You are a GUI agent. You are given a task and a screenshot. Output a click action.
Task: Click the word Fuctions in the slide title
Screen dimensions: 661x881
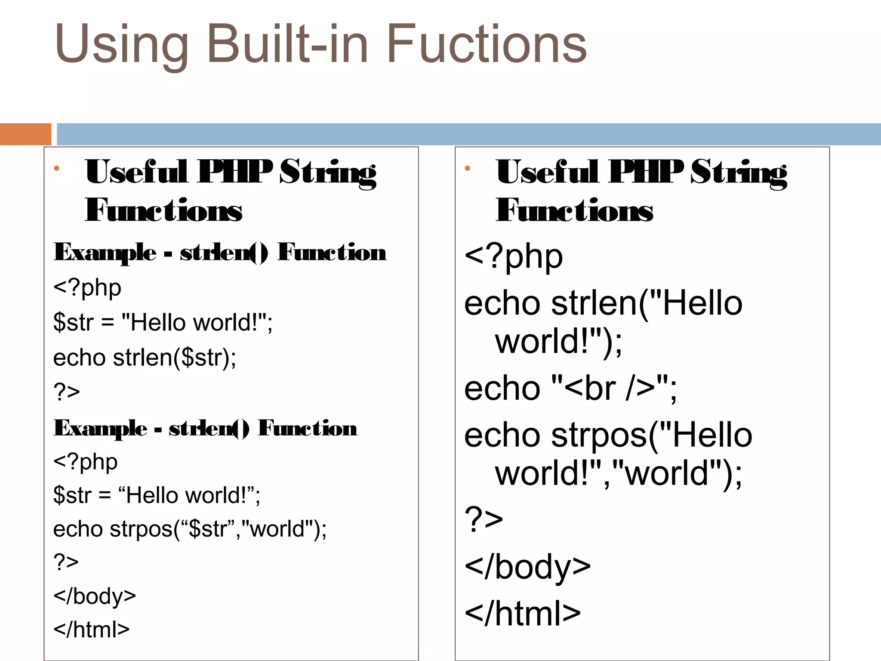[487, 44]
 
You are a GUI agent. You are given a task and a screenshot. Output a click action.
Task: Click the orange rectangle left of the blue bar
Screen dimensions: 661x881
[25, 134]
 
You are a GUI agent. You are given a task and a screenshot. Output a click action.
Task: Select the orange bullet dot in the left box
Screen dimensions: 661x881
[56, 169]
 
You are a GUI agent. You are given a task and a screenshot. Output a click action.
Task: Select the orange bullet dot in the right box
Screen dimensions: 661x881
[468, 169]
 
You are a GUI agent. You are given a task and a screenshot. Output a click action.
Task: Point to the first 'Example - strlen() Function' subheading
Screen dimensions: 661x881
[220, 252]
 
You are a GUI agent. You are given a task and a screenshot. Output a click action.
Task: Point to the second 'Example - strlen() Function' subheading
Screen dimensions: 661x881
[205, 428]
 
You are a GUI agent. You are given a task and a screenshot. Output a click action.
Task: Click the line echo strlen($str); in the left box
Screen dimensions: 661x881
[145, 358]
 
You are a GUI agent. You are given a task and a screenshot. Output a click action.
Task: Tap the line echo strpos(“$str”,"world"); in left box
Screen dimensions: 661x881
[190, 529]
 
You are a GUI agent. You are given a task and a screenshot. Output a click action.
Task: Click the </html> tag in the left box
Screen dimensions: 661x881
[91, 630]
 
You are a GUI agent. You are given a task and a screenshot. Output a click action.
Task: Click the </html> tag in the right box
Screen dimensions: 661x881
[523, 613]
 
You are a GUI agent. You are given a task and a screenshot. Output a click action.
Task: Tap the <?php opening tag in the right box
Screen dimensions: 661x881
[514, 256]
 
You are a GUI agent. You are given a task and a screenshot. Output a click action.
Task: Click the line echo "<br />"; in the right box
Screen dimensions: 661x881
[570, 389]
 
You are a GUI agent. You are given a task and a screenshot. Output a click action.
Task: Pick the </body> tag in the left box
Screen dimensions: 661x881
[95, 596]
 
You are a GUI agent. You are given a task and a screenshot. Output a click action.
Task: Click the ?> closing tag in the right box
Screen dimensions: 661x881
[484, 519]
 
